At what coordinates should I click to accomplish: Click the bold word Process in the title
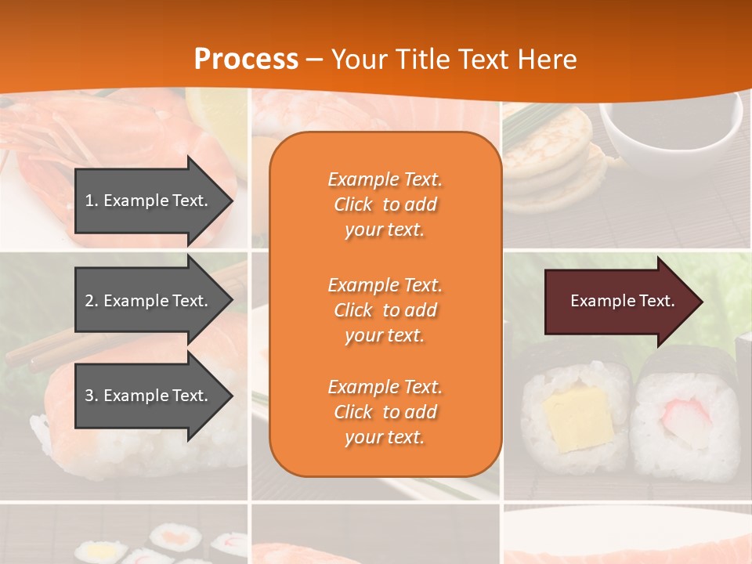pos(246,60)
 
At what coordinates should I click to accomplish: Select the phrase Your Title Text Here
pos(454,60)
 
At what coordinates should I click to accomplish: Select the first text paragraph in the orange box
pos(385,204)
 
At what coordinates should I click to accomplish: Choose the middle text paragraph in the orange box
pos(385,310)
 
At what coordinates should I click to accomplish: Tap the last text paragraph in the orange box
pos(385,412)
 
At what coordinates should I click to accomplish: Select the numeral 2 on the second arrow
pos(88,301)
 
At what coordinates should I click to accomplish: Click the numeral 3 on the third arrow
pos(88,396)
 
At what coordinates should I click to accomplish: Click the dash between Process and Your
pos(314,60)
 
